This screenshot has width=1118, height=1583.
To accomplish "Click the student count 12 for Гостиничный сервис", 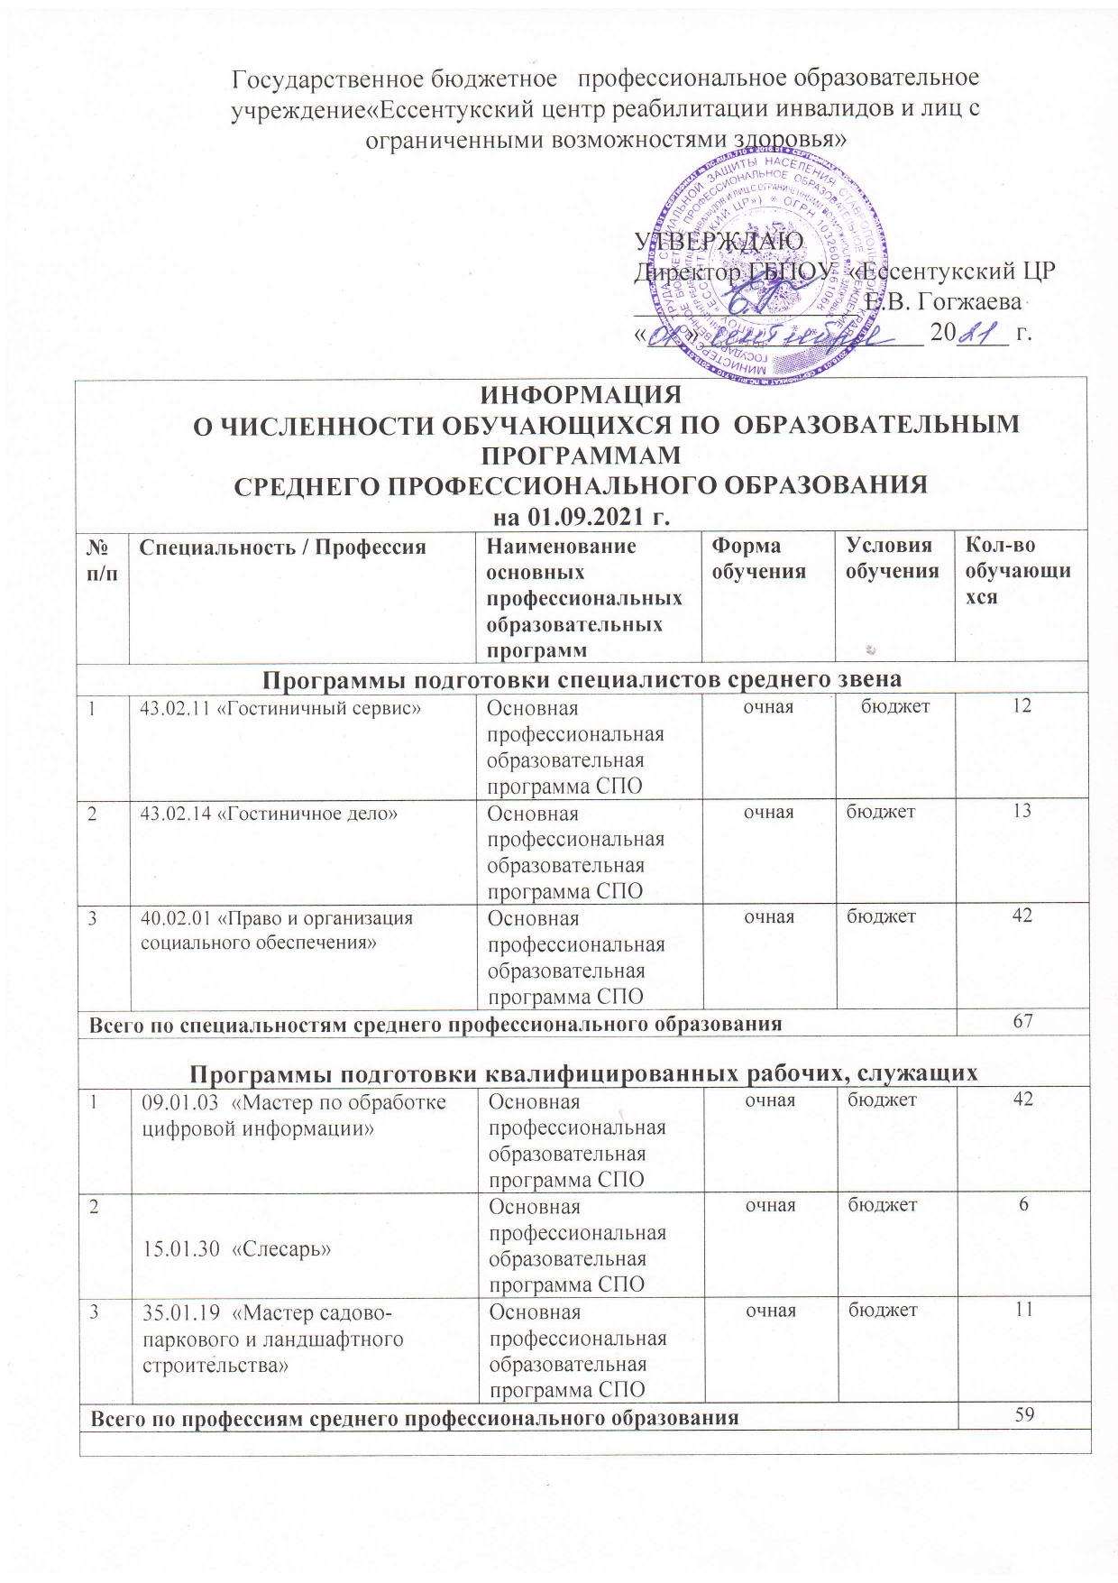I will (1021, 706).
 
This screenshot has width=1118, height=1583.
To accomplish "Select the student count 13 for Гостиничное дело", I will (1021, 812).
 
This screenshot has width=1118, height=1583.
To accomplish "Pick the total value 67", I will (1022, 1022).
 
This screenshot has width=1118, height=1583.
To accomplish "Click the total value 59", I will (1022, 1416).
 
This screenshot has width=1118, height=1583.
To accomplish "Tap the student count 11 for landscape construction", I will (1021, 1311).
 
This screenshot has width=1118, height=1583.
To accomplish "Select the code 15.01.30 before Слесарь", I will (180, 1249).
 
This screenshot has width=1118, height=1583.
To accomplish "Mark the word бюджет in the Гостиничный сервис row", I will (895, 706).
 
